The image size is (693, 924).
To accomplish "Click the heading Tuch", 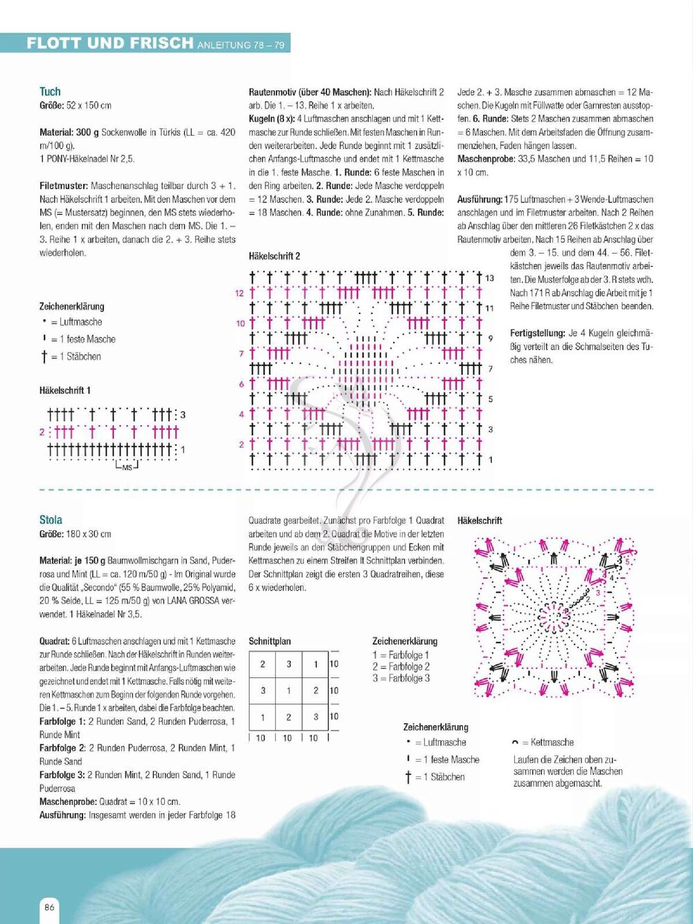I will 50,91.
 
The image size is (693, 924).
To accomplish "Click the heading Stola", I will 51,520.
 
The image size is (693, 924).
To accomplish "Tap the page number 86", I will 49,907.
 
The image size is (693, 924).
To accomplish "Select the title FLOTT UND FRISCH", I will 109,43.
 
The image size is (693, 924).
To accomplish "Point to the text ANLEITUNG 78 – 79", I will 240,45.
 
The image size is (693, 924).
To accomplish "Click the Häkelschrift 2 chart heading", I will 274,256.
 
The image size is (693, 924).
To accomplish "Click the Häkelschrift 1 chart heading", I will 65,390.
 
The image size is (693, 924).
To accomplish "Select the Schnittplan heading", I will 270,641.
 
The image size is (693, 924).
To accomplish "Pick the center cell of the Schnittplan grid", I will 289,690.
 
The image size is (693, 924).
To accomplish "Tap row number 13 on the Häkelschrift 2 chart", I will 489,278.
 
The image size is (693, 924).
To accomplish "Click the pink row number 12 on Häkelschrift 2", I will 239,293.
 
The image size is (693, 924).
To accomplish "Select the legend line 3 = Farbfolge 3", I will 401,678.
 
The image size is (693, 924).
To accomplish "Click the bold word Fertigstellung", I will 538,333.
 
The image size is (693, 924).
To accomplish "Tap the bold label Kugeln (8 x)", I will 272,119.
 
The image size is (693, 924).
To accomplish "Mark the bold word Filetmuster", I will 63,186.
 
